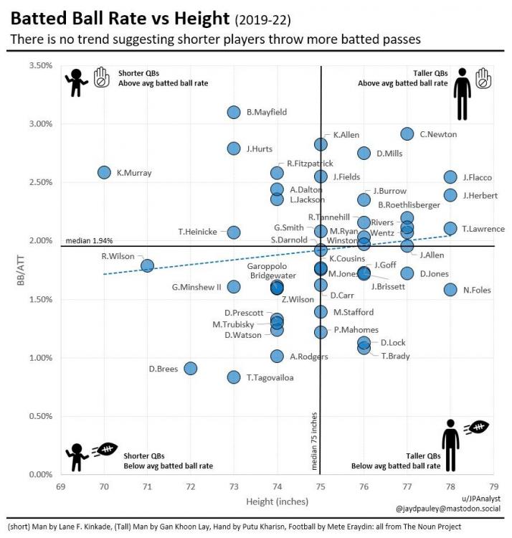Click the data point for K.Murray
[x=104, y=172]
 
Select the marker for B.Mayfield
[x=234, y=112]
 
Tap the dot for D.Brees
[x=191, y=368]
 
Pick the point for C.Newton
[x=407, y=134]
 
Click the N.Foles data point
[x=450, y=289]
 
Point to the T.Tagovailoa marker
[x=234, y=377]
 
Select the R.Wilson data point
[x=148, y=265]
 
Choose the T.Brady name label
[x=395, y=355]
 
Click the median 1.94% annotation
[x=88, y=240]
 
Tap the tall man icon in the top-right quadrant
[x=463, y=93]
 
